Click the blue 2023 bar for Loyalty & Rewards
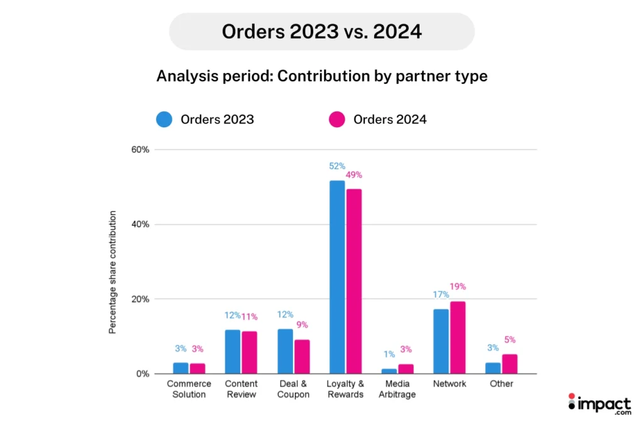click(337, 277)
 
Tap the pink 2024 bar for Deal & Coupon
click(302, 356)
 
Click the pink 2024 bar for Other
click(509, 364)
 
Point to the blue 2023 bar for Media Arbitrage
click(389, 371)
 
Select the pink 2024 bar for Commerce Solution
click(197, 368)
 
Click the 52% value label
click(337, 166)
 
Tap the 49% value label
click(353, 175)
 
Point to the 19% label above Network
click(457, 287)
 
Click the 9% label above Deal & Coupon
click(302, 325)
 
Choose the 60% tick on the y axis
click(140, 150)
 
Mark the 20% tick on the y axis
click(140, 299)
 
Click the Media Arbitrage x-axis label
click(397, 389)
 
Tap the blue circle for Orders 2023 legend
click(164, 120)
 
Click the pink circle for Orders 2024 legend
click(337, 120)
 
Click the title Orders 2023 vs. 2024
click(321, 31)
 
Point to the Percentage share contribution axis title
click(113, 273)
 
